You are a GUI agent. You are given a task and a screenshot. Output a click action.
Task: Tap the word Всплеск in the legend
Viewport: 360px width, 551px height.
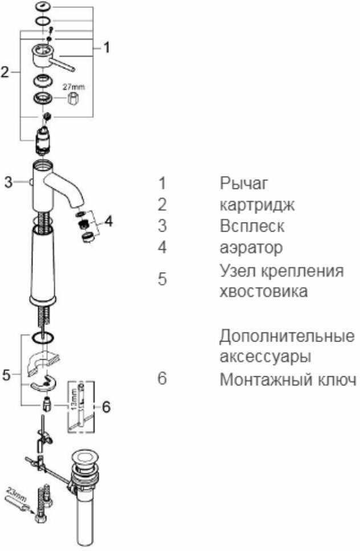pos(252,226)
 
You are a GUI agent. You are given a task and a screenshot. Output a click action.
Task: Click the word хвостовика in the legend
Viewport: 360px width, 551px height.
pos(264,291)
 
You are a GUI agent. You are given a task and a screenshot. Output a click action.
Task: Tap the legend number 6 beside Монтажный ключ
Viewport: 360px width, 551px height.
pos(163,379)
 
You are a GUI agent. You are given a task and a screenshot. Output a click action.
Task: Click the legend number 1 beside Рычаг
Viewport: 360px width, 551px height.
pos(163,184)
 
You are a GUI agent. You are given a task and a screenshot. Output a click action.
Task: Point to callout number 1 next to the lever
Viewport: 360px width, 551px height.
pos(107,48)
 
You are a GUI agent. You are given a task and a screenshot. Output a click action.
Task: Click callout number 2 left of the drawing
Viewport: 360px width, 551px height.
pos(5,73)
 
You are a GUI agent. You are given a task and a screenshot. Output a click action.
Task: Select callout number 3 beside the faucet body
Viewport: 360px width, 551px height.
pos(8,183)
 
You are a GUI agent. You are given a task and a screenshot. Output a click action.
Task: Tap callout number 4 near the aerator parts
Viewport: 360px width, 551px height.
pos(108,221)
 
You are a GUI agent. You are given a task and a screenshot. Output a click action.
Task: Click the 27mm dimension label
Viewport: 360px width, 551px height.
pos(73,87)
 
